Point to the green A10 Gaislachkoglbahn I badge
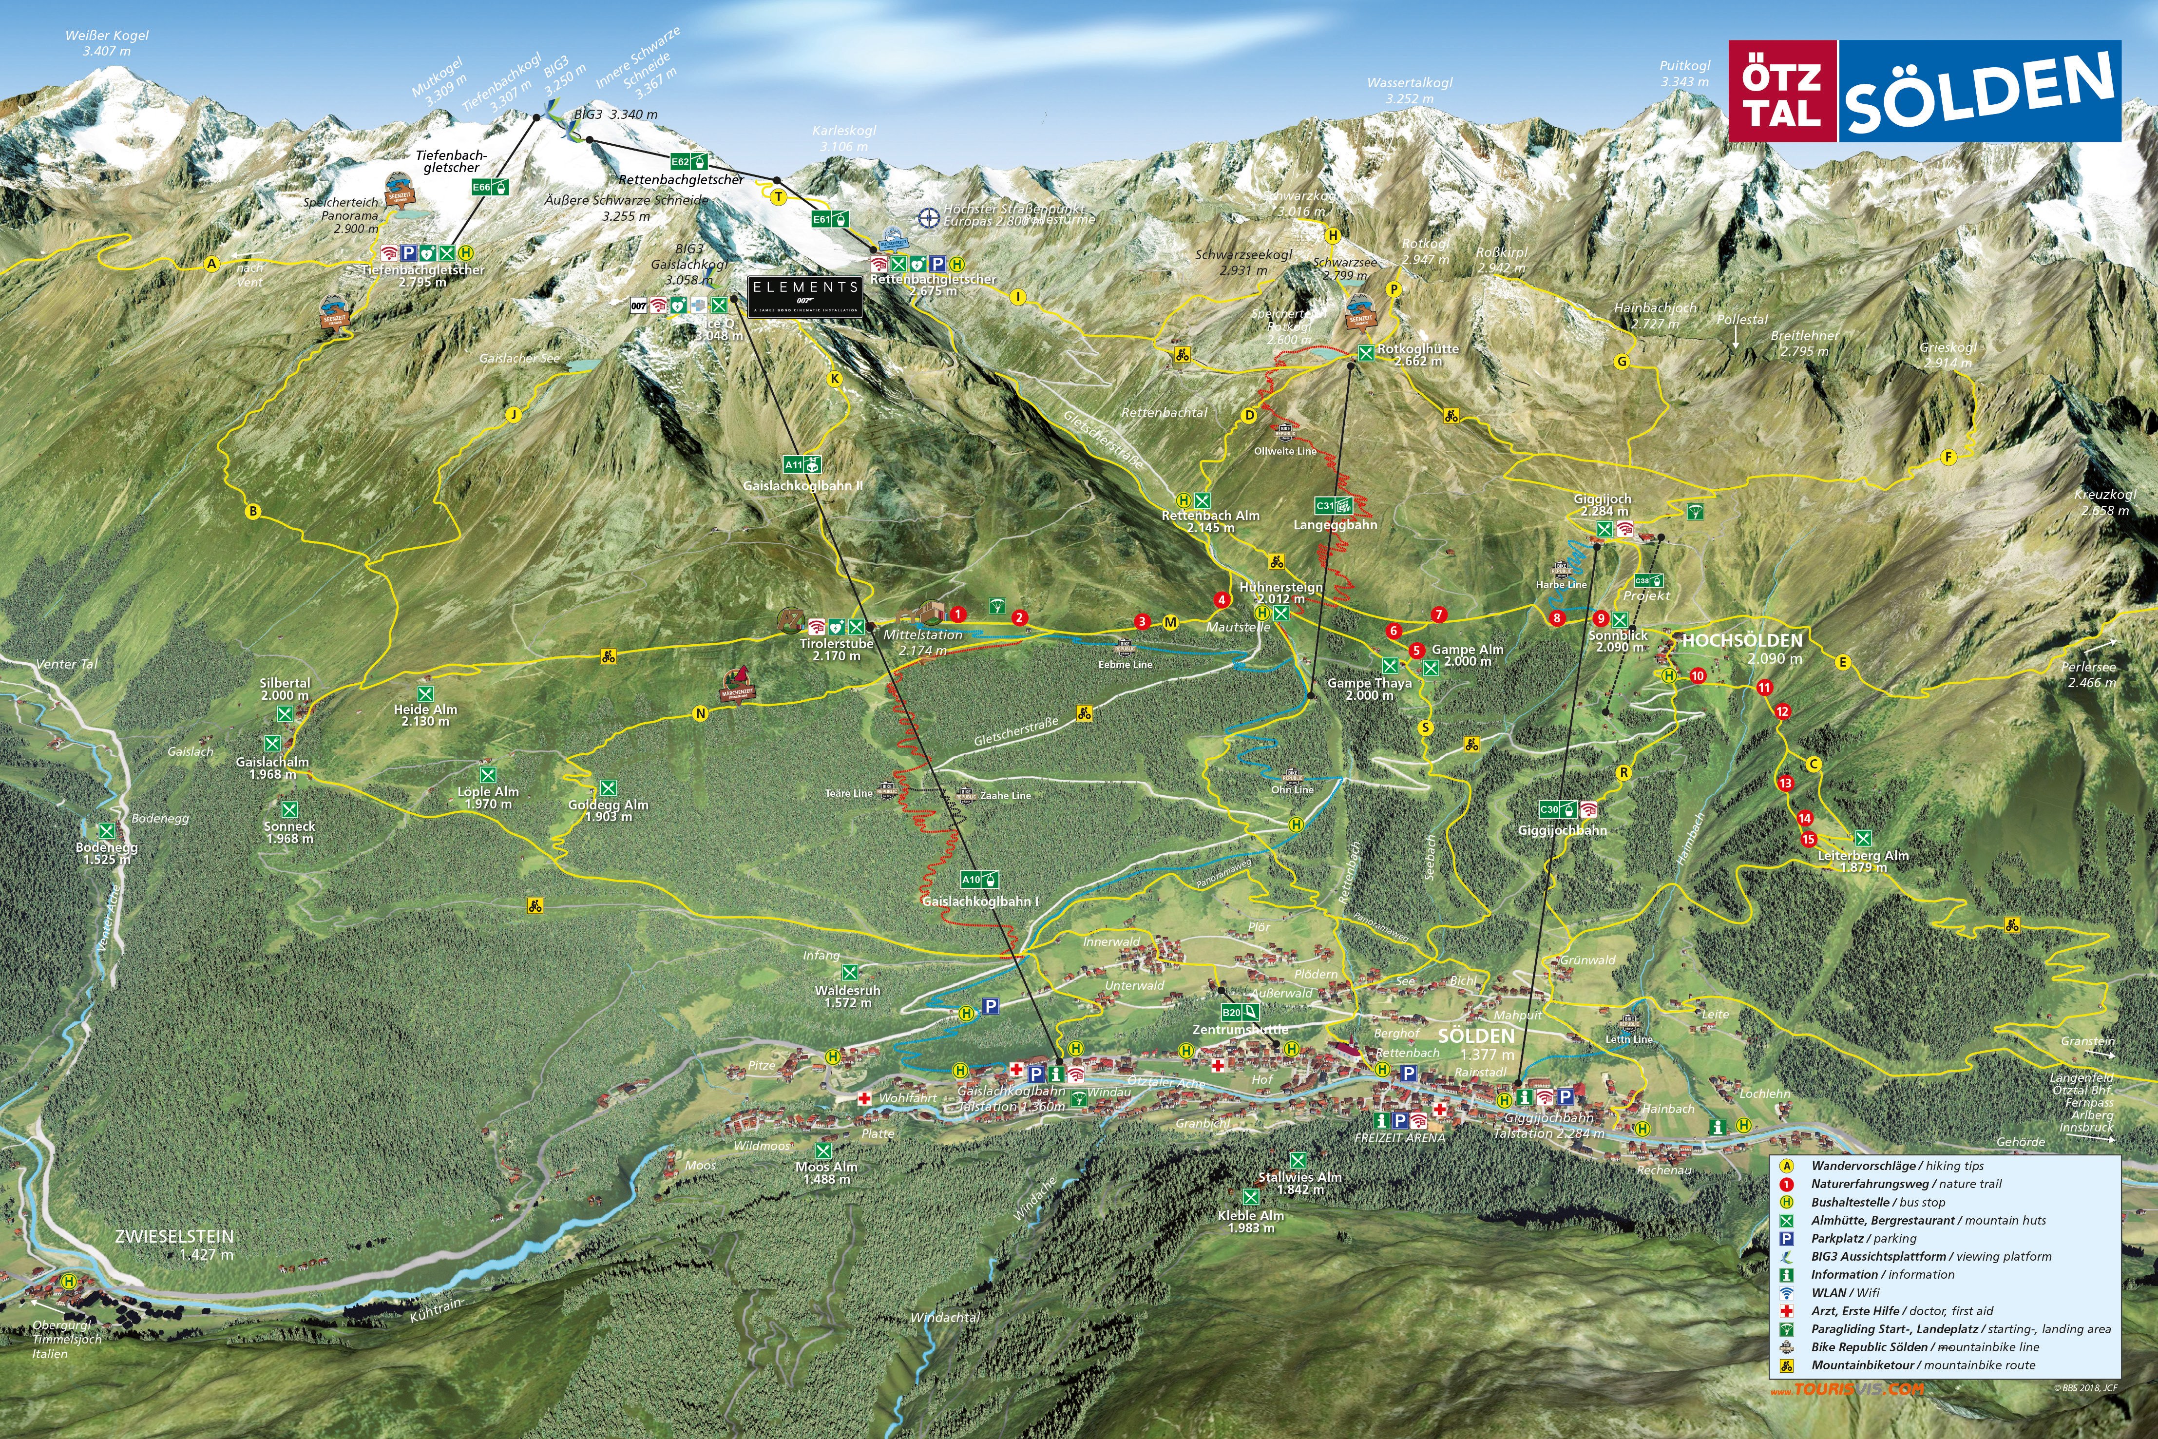pos(979,879)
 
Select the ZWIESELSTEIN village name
pos(174,1236)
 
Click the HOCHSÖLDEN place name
pos(1741,641)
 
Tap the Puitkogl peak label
pos(1684,67)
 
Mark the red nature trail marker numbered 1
pos(957,614)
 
